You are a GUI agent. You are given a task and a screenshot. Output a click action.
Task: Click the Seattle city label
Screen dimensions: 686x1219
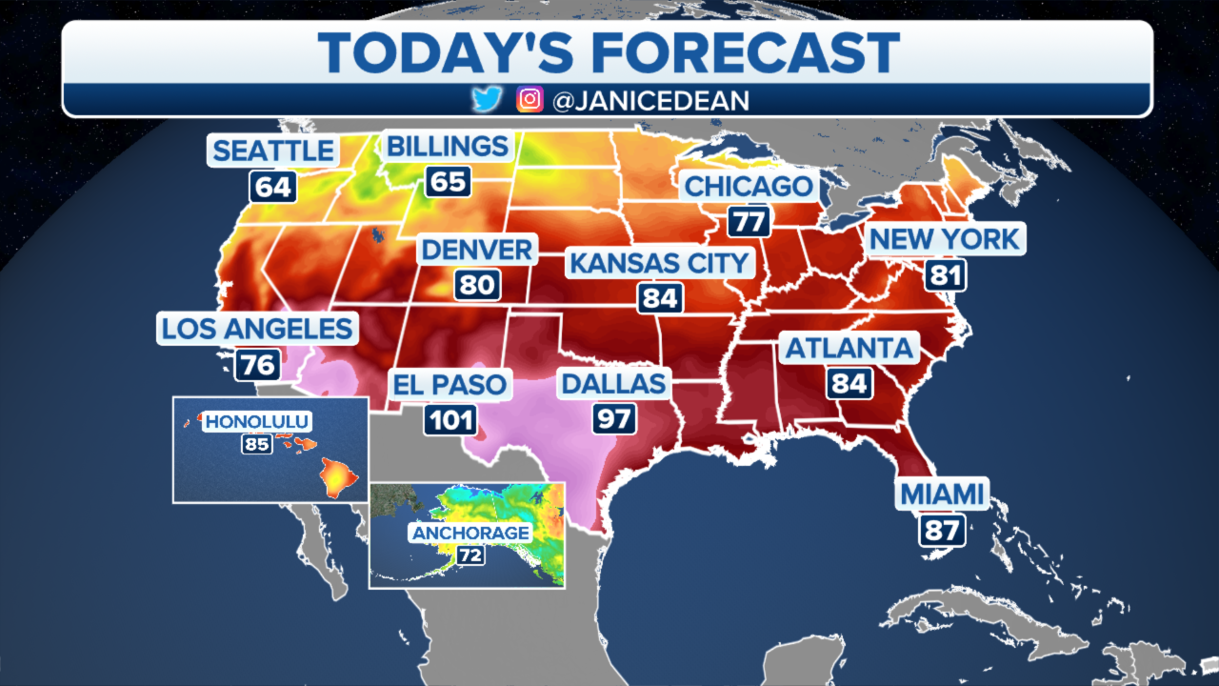(272, 151)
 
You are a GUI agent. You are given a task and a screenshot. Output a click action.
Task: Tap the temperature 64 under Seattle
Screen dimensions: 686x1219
(272, 186)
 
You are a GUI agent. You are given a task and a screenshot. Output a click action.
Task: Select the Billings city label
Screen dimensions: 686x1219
(447, 147)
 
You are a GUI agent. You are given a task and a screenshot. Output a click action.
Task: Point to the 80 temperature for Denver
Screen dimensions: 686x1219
(476, 285)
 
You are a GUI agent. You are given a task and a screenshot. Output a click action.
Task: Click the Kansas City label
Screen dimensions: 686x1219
(659, 263)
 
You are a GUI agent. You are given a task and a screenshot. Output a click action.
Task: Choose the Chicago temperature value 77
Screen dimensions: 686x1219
(749, 222)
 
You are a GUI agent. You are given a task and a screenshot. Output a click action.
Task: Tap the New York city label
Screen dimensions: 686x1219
(945, 238)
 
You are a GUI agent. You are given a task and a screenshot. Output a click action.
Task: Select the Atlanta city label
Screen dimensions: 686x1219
(849, 348)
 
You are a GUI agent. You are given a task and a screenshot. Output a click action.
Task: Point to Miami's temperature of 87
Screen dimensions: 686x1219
(942, 530)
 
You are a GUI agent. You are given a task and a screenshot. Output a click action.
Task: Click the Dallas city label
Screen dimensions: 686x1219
(613, 384)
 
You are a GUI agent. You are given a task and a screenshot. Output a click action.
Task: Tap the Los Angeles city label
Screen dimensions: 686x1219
(257, 330)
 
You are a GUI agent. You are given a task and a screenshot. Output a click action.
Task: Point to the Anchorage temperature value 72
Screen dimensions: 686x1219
(470, 555)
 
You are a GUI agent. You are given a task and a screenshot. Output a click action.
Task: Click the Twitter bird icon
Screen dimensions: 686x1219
(487, 99)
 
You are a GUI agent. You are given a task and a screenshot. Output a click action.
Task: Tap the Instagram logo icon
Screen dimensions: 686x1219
(530, 99)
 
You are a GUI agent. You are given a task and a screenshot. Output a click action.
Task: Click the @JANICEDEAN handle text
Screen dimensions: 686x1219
(650, 100)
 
